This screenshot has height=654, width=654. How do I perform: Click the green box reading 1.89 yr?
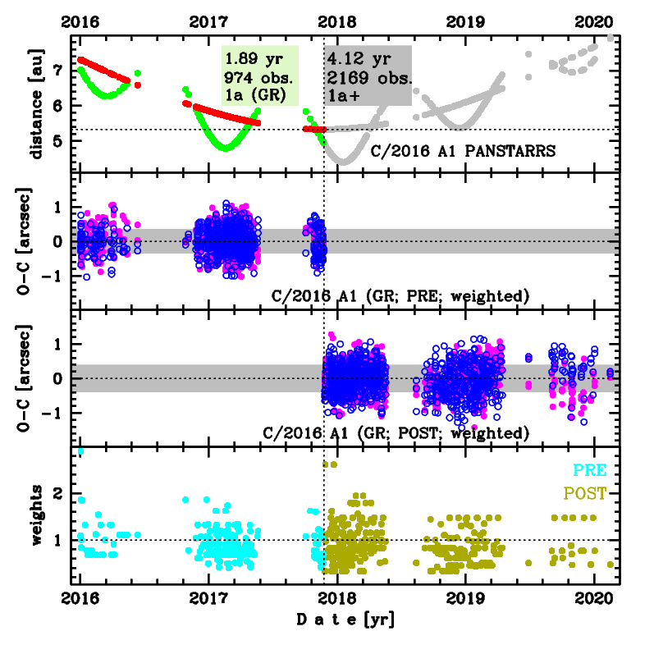260,75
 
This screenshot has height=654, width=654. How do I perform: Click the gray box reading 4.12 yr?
368,75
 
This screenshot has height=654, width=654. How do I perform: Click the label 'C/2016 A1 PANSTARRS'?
464,151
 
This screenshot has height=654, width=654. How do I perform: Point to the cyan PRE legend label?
590,471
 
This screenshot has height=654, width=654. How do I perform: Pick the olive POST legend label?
584,494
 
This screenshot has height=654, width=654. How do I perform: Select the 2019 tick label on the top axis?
465,21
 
